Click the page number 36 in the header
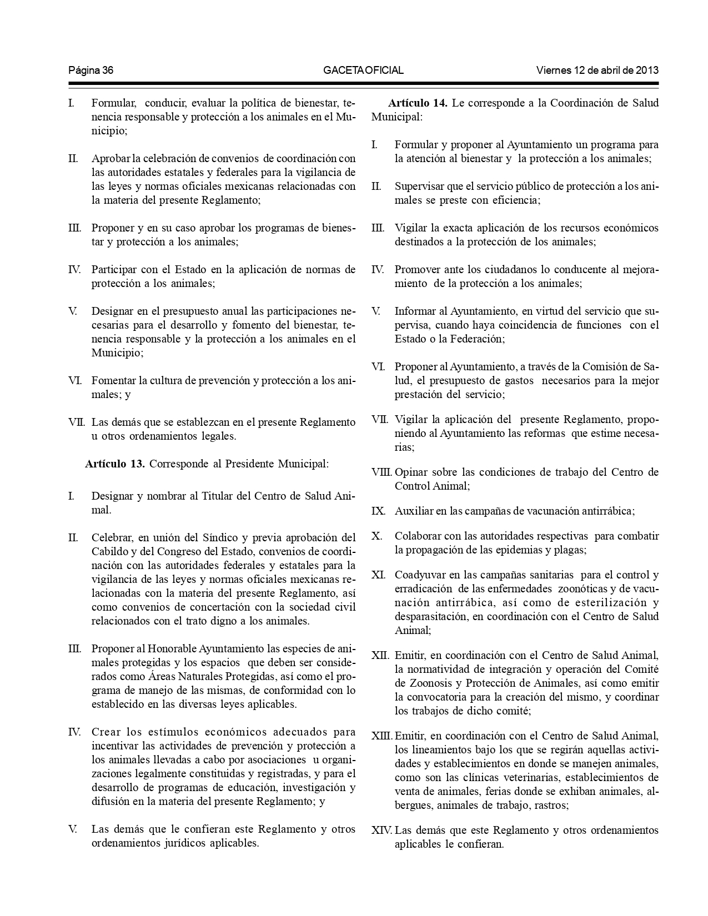coord(108,71)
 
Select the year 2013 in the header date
coord(647,71)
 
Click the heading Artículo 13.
coord(115,464)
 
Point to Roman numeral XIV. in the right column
coord(381,831)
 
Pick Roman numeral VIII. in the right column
coord(381,473)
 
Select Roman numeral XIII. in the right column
coord(381,736)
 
